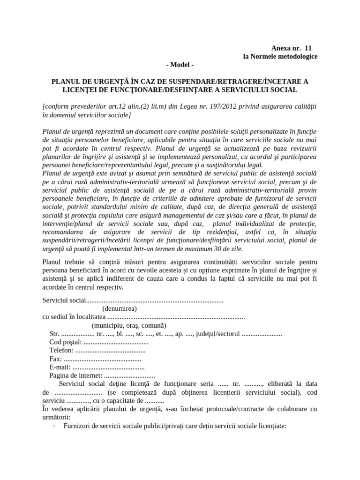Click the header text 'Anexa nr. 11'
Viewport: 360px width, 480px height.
tap(291, 48)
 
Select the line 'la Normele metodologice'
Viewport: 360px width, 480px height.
tap(280, 56)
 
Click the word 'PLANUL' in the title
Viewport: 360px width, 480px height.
tap(65, 81)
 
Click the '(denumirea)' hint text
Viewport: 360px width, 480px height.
tap(120, 308)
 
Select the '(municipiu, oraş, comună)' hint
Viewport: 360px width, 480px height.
tap(128, 325)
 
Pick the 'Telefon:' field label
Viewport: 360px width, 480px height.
tap(61, 350)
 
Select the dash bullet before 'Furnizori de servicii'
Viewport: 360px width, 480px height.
tap(55, 426)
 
